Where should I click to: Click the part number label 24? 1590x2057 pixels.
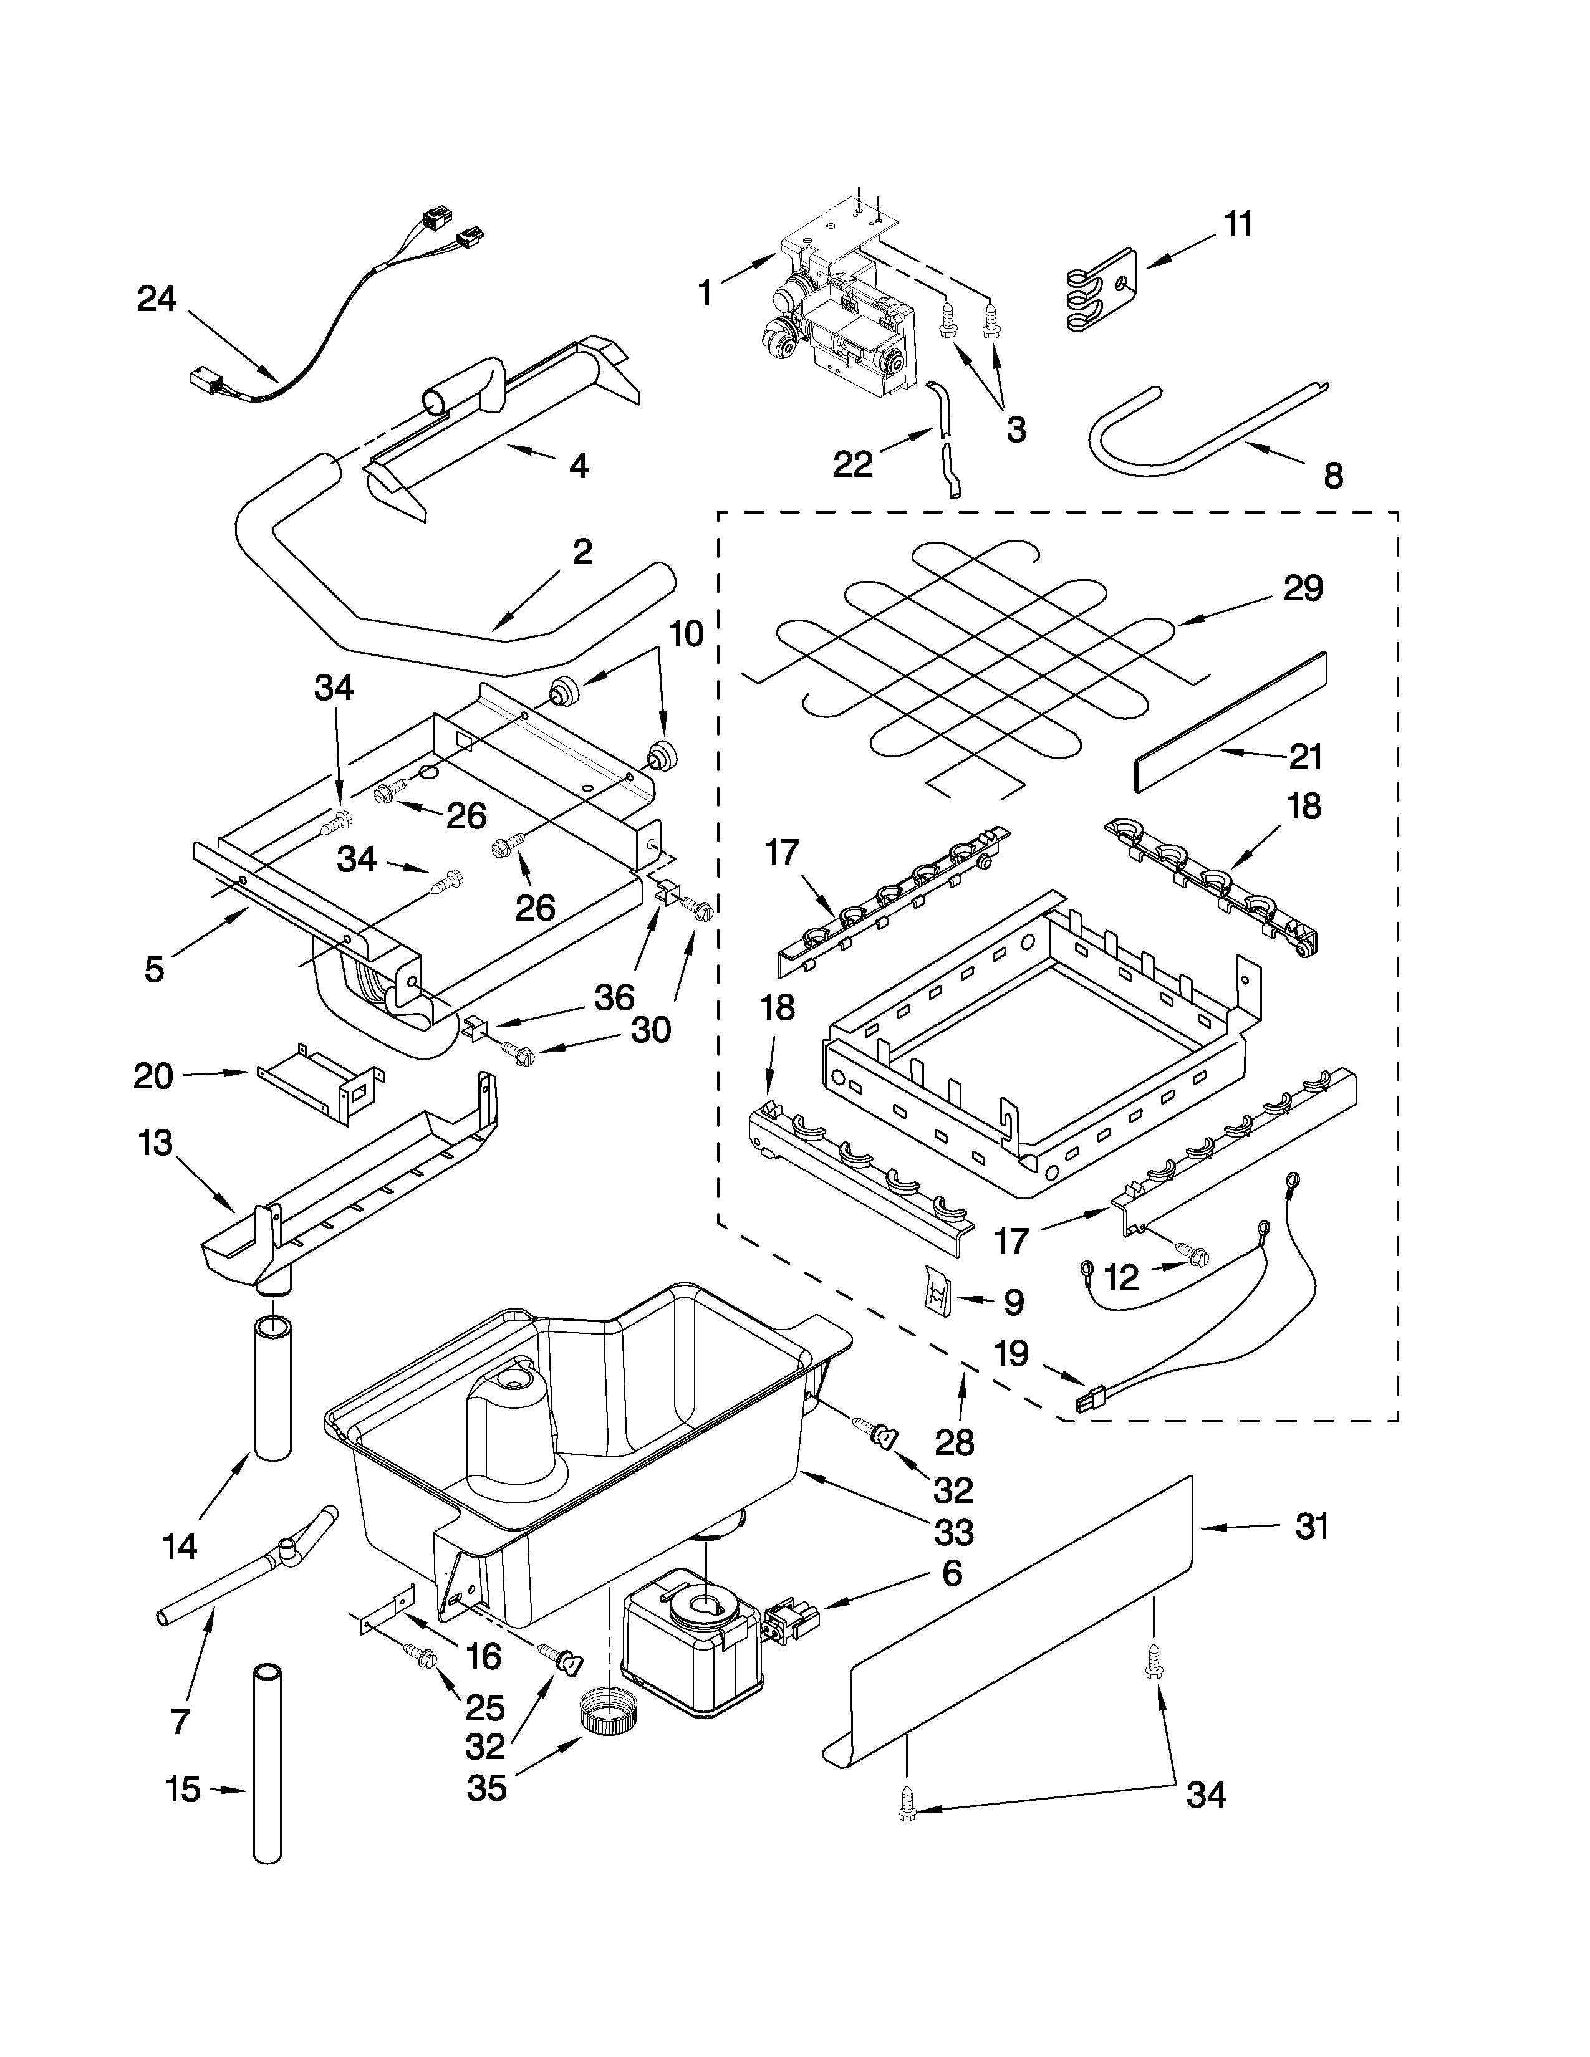157,299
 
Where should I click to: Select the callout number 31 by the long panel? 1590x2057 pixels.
1311,1527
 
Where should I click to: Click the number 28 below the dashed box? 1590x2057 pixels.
954,1442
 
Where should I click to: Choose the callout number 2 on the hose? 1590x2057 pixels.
582,552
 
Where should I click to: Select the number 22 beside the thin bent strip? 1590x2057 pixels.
852,464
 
